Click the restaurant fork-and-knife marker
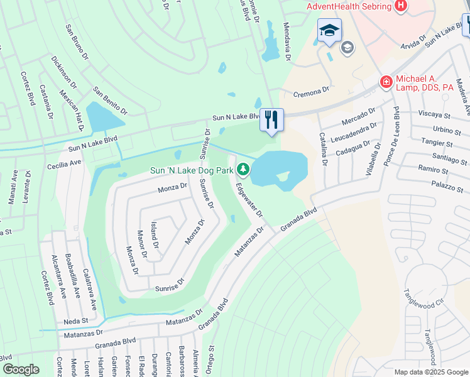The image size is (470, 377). click(271, 119)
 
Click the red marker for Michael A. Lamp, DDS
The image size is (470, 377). click(385, 81)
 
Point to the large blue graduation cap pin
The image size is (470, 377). click(329, 31)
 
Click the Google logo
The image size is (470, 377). click(21, 369)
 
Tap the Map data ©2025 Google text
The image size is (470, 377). click(431, 372)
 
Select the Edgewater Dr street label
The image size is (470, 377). click(249, 200)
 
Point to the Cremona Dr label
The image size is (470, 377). click(311, 92)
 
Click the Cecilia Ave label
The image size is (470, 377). click(64, 163)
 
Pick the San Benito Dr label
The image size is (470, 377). click(110, 101)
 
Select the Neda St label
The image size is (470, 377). click(74, 321)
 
